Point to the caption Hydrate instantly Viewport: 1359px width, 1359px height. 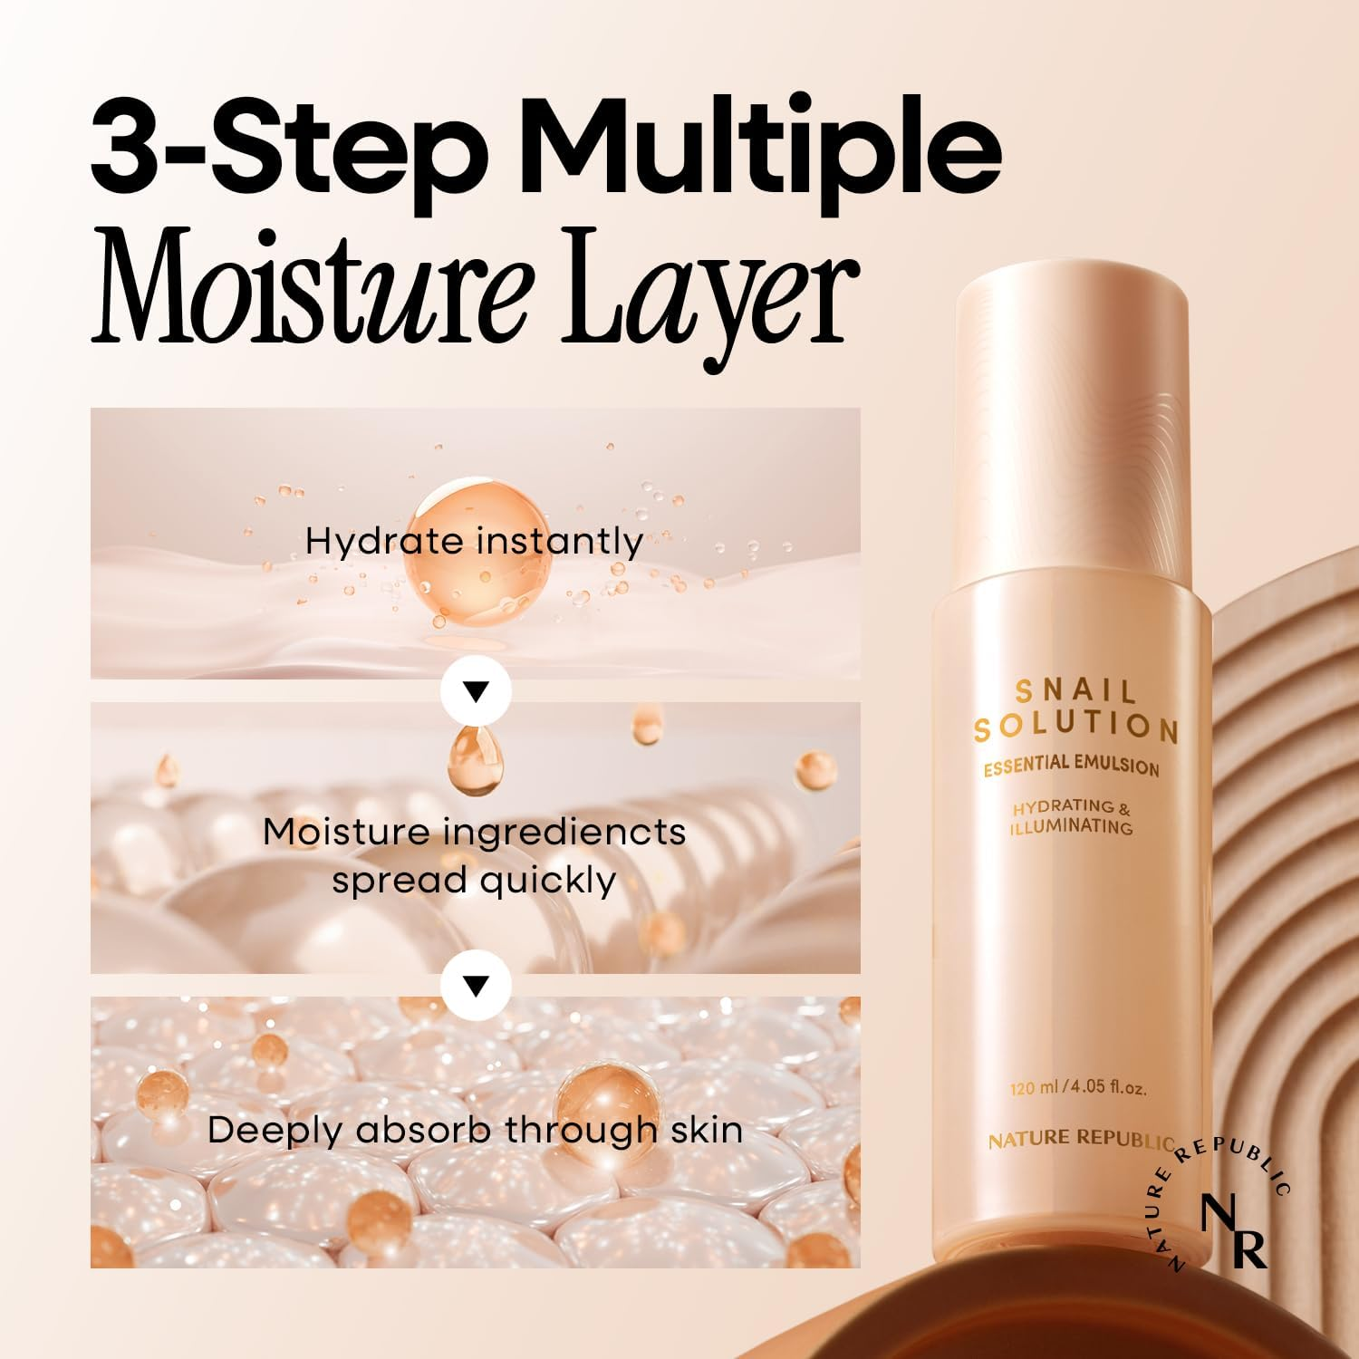click(474, 541)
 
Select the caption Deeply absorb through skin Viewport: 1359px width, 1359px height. click(475, 1130)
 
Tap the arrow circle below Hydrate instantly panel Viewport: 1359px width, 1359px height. click(476, 691)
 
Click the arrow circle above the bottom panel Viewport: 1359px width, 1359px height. click(476, 985)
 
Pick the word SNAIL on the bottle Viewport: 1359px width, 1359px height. click(1075, 691)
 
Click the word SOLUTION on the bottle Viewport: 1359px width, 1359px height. click(1075, 726)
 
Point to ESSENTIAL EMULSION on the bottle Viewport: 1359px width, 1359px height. click(1072, 765)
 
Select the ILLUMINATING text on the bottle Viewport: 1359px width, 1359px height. click(1072, 826)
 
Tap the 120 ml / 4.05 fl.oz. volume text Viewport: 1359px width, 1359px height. click(1078, 1086)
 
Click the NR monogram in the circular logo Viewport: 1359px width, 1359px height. click(1233, 1230)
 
